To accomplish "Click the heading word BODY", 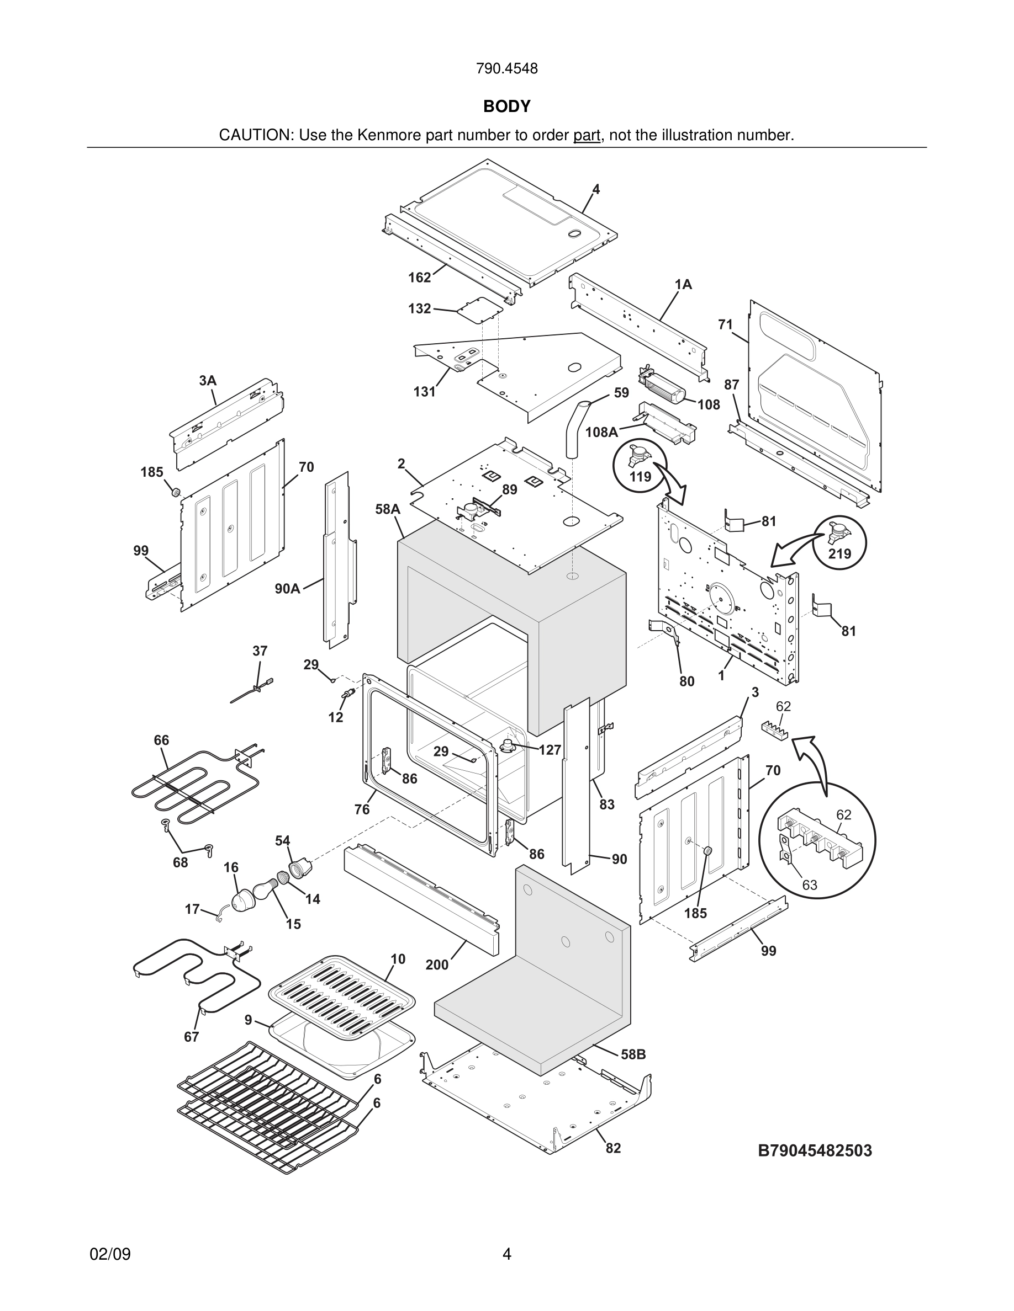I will [506, 106].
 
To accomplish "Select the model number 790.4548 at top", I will [506, 68].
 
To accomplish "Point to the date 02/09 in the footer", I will [110, 1254].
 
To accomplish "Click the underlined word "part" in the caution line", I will [587, 136].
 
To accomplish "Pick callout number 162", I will [419, 278].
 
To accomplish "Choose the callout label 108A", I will [601, 431].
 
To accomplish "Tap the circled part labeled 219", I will [838, 542].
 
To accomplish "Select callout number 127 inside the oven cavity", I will [550, 749].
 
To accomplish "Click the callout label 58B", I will [633, 1054].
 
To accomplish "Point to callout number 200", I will [437, 964].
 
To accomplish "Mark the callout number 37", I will [260, 651].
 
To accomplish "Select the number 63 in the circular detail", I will [809, 885].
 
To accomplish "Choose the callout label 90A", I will [287, 588].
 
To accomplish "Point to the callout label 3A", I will [207, 381].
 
